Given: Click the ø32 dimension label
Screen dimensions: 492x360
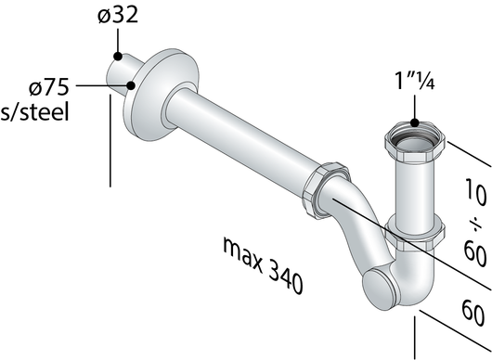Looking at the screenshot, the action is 118,15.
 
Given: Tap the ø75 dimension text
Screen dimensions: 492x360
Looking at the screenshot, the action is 48,86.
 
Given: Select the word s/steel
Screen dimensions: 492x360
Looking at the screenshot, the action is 34,111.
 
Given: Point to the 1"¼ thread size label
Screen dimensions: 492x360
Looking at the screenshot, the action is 415,81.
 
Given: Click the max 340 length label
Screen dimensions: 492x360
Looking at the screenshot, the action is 263,265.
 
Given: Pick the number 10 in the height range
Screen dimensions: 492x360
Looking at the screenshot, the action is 476,193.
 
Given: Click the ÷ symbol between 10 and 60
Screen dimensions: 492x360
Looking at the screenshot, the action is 476,225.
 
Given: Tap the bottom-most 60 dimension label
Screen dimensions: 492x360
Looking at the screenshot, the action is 473,313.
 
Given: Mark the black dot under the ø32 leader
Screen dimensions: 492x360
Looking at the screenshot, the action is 118,57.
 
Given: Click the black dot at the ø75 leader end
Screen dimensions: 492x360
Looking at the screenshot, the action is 131,85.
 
